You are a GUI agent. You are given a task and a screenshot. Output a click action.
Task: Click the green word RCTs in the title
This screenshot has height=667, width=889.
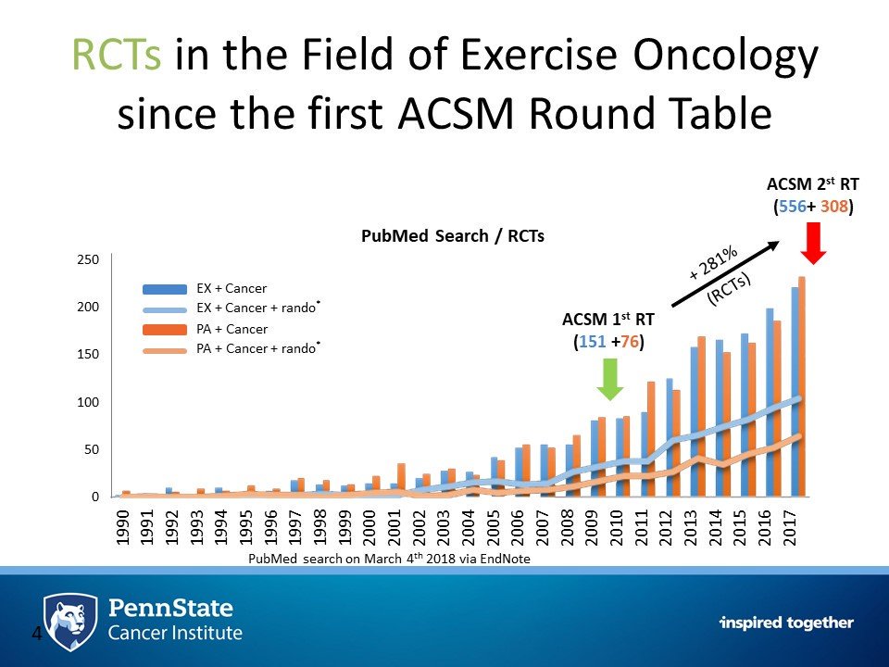tap(113, 59)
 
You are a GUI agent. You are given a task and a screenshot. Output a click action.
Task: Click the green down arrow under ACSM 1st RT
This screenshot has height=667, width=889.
tap(608, 378)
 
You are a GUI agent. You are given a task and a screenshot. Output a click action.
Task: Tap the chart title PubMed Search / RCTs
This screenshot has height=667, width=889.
tap(452, 236)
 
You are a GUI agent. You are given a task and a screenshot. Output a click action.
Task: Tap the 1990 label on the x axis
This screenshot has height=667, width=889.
tap(122, 526)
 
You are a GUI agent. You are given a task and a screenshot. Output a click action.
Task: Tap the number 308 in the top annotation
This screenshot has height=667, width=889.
tap(834, 208)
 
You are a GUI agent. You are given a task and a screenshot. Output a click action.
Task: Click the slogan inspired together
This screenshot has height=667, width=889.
tap(786, 623)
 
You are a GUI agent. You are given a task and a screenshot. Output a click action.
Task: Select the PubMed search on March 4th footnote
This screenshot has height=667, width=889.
tap(389, 560)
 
